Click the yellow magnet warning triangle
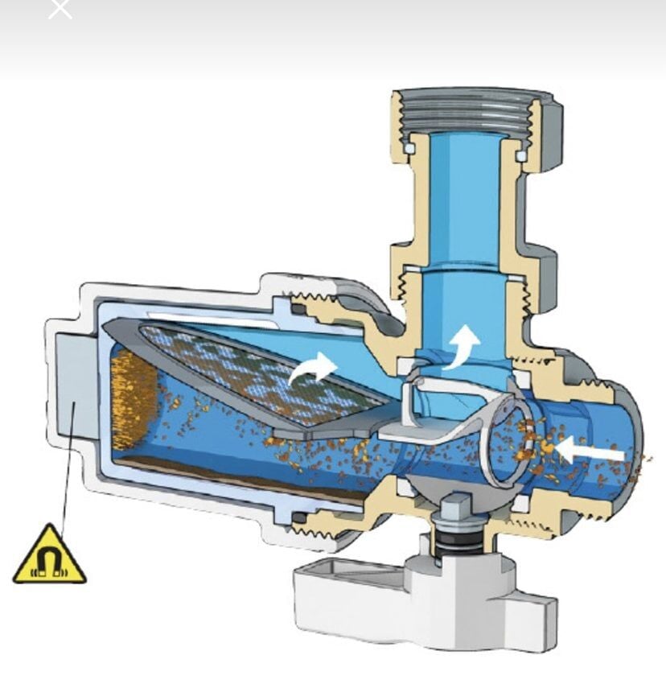coord(50,557)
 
